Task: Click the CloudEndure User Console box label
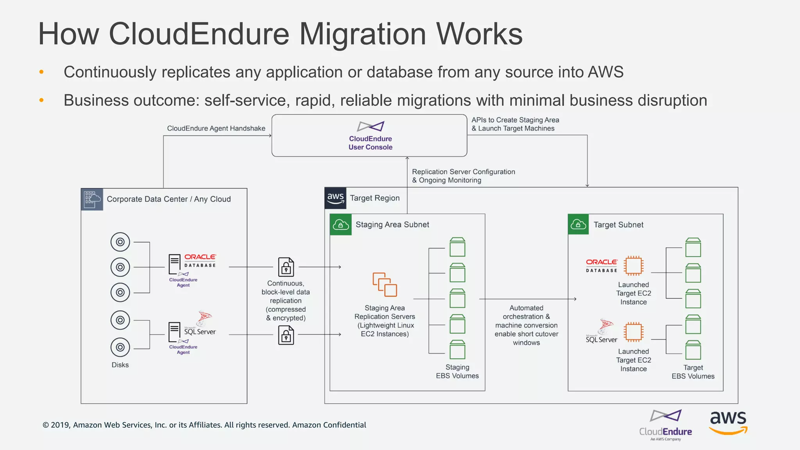[370, 143]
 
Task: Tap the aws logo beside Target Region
[336, 198]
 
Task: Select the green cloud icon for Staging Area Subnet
[341, 225]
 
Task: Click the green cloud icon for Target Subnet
[578, 225]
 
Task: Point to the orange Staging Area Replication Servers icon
[385, 285]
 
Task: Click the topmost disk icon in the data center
[120, 242]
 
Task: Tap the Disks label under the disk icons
[120, 365]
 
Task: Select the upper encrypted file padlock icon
[286, 267]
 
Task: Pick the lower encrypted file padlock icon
[286, 335]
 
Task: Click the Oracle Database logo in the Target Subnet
[602, 266]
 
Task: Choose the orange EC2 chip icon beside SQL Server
[633, 332]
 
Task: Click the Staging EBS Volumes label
[457, 371]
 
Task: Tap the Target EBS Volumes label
[693, 372]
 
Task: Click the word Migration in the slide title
[362, 34]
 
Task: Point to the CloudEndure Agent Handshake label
[216, 129]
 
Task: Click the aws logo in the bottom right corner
[728, 422]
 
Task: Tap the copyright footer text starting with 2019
[204, 425]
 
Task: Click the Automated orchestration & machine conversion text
[526, 325]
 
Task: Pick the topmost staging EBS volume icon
[457, 247]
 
